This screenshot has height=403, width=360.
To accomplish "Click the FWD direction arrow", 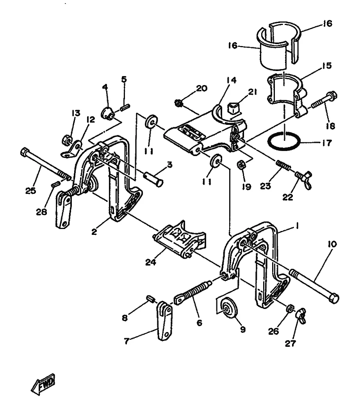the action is [43, 385].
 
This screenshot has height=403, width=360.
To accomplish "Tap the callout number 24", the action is [151, 263].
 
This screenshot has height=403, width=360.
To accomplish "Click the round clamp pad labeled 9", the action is [229, 308].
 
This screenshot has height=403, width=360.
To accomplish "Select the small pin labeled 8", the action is [150, 299].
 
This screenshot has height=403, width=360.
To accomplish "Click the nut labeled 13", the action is [67, 140].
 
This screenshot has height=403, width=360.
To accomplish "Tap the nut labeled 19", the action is [242, 165].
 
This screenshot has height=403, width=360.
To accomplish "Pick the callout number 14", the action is [232, 80].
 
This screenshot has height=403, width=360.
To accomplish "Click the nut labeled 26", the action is [290, 308].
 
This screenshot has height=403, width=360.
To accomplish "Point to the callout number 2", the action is [94, 232].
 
